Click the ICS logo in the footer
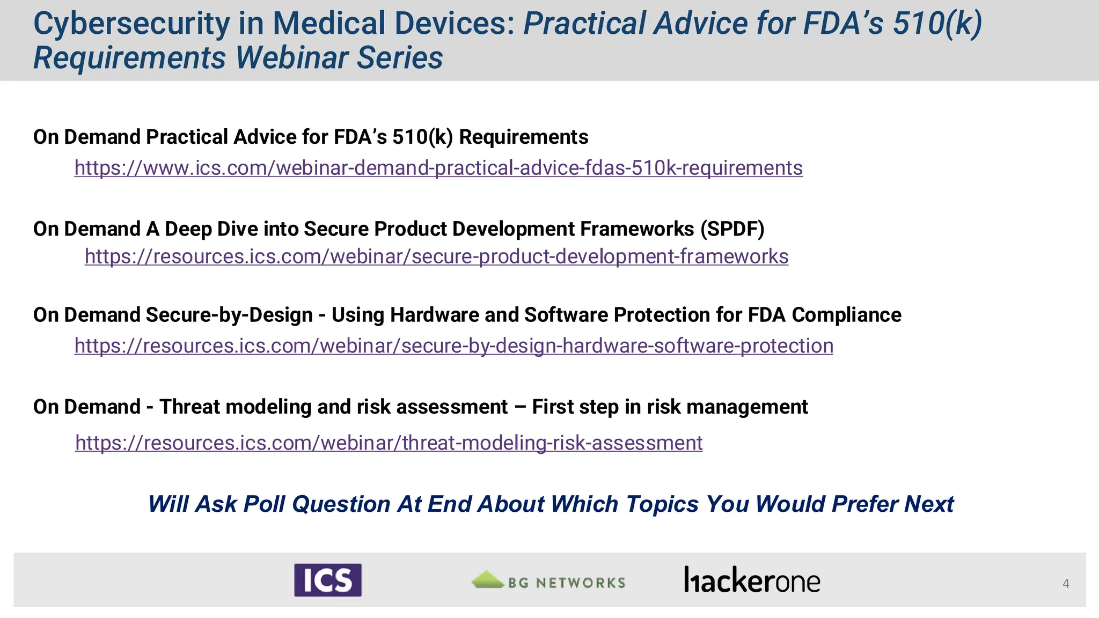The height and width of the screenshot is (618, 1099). [x=327, y=580]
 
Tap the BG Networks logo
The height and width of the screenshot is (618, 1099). [x=548, y=581]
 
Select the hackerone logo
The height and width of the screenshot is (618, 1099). [x=752, y=580]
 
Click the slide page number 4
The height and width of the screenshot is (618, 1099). [x=1066, y=583]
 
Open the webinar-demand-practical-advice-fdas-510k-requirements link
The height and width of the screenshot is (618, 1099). [x=438, y=168]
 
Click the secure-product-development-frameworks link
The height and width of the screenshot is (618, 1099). [x=436, y=256]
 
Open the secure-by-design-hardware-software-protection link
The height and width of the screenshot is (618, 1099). [x=453, y=345]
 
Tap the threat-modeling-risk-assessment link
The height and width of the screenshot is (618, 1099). [x=389, y=443]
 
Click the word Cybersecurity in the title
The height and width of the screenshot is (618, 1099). [x=131, y=24]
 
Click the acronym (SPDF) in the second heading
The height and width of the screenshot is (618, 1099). [x=732, y=229]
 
